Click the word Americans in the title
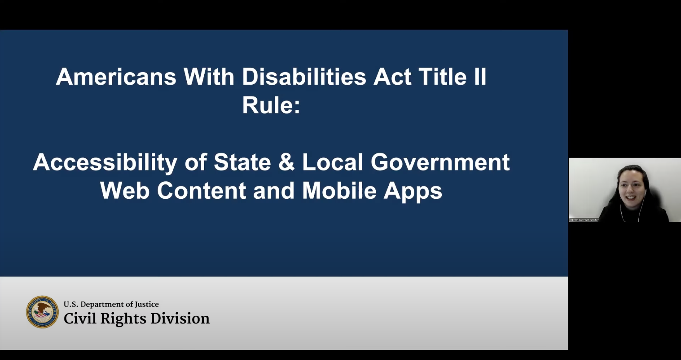tap(116, 77)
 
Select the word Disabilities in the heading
tap(304, 77)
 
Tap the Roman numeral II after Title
tap(480, 77)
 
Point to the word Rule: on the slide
tap(271, 105)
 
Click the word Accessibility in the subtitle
tap(105, 163)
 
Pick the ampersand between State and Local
tap(287, 162)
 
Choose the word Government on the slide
tap(440, 162)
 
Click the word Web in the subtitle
tap(125, 191)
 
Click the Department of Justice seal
tap(42, 312)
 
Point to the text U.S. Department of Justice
tap(111, 304)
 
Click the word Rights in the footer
tap(123, 319)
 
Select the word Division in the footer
tap(180, 318)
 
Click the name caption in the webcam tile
tap(584, 220)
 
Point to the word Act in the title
tap(392, 77)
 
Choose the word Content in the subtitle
tap(202, 191)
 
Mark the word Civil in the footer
tap(80, 318)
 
